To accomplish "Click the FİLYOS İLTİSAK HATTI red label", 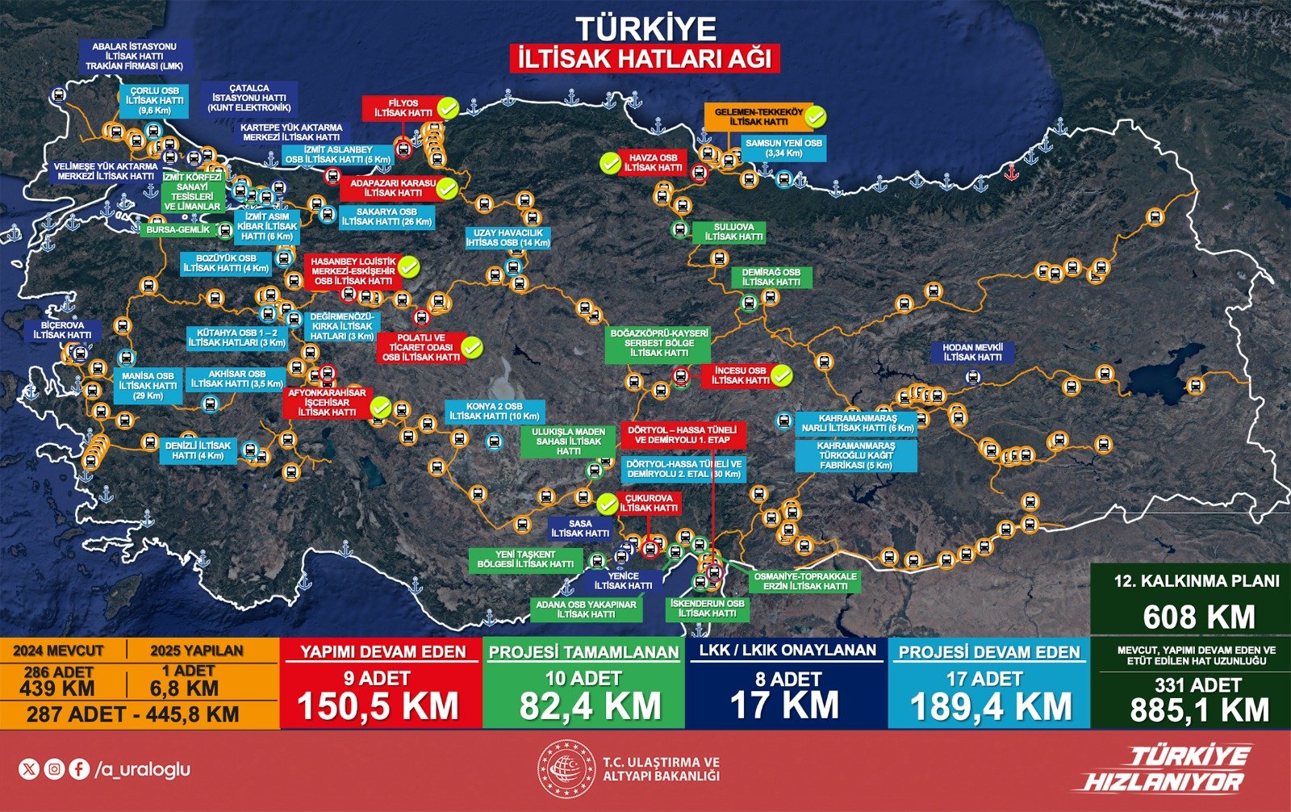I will [401, 108].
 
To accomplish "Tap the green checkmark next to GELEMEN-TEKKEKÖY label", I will [816, 117].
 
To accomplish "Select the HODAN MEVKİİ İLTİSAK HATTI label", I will [971, 352].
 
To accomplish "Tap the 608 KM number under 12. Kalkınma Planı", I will [1198, 617].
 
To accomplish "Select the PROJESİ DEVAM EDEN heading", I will [988, 652].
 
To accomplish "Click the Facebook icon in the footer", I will [79, 769].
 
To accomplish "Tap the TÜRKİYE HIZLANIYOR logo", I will [1165, 768].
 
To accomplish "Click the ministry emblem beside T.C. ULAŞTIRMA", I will [567, 768].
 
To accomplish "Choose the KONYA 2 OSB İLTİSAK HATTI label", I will [493, 412].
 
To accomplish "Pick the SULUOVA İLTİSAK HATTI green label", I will [733, 232].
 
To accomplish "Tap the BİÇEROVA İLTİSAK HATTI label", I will [62, 330].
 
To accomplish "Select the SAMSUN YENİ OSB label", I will [783, 149].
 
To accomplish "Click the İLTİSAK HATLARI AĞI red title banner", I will [645, 59].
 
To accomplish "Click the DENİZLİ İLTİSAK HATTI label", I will [198, 450].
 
